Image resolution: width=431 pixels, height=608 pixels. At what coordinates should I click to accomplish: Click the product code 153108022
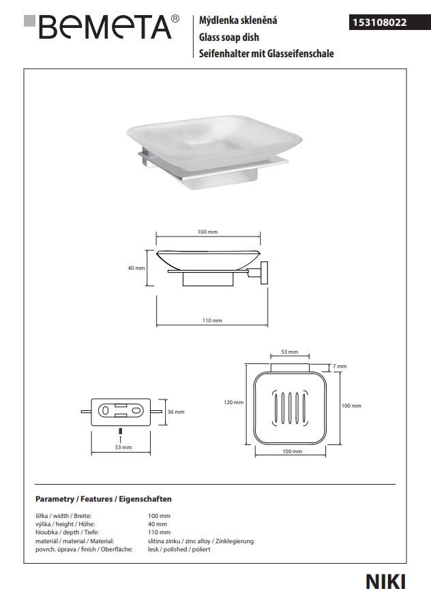pyautogui.click(x=378, y=22)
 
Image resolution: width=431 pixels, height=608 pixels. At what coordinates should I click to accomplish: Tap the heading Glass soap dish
pyautogui.click(x=229, y=37)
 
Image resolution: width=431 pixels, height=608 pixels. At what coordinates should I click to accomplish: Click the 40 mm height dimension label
pyautogui.click(x=136, y=268)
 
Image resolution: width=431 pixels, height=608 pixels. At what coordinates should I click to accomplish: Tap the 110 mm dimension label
pyautogui.click(x=212, y=320)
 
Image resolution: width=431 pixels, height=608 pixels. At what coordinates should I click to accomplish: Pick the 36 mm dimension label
pyautogui.click(x=176, y=412)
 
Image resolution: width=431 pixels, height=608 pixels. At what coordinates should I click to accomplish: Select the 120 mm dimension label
pyautogui.click(x=234, y=402)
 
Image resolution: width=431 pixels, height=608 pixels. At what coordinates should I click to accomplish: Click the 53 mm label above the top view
pyautogui.click(x=290, y=352)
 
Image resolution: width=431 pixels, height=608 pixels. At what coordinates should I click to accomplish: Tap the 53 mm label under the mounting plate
pyautogui.click(x=123, y=447)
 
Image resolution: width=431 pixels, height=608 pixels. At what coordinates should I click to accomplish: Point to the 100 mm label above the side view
pyautogui.click(x=207, y=232)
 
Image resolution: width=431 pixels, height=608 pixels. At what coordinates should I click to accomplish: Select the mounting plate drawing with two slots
pyautogui.click(x=121, y=412)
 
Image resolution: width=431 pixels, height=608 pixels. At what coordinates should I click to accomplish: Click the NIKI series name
pyautogui.click(x=385, y=581)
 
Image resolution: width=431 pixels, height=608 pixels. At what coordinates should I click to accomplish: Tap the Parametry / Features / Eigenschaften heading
pyautogui.click(x=103, y=499)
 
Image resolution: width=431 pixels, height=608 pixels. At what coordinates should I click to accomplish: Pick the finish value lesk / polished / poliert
pyautogui.click(x=179, y=549)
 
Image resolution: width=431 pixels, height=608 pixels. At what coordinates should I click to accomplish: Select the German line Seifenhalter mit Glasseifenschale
pyautogui.click(x=265, y=53)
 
